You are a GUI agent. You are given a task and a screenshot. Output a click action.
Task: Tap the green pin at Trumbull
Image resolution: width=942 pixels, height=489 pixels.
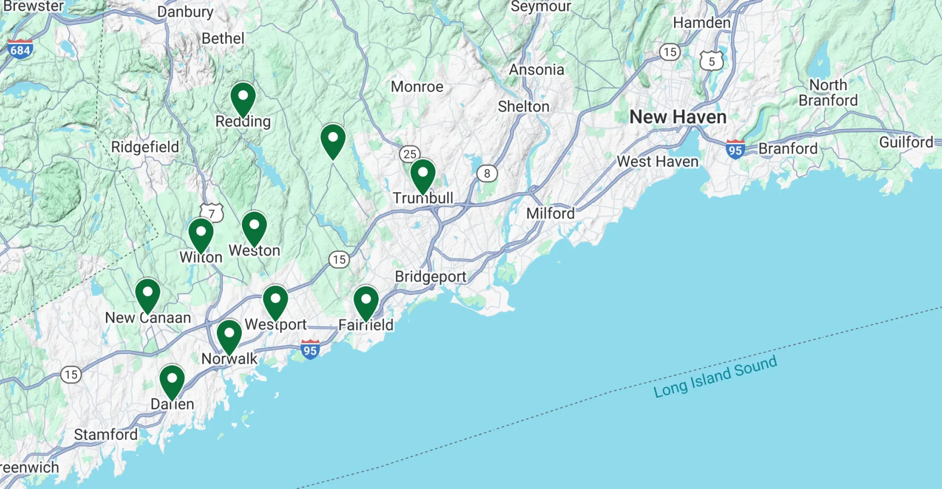pyautogui.click(x=422, y=174)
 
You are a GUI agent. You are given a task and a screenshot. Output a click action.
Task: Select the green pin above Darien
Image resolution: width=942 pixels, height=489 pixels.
pyautogui.click(x=172, y=380)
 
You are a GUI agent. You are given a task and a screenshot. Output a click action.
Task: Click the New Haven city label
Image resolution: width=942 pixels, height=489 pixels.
pyautogui.click(x=678, y=117)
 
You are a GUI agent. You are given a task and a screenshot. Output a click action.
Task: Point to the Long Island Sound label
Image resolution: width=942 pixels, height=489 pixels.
pyautogui.click(x=715, y=377)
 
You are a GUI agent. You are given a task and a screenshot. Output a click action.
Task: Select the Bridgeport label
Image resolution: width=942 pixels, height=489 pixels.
pyautogui.click(x=430, y=276)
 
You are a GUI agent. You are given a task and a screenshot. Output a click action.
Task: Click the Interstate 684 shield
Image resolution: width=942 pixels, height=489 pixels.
pyautogui.click(x=20, y=50)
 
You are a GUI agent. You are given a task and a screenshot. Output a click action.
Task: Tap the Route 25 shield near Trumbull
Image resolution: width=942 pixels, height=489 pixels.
pyautogui.click(x=410, y=154)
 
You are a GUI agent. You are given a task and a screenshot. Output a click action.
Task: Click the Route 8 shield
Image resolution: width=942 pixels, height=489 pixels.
pyautogui.click(x=487, y=173)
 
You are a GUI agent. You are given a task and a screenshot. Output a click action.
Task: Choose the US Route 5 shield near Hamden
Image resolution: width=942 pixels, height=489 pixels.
pyautogui.click(x=711, y=61)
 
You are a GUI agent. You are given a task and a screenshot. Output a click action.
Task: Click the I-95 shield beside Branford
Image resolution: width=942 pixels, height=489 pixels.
pyautogui.click(x=735, y=149)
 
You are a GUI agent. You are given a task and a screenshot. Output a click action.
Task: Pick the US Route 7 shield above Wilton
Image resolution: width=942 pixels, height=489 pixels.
pyautogui.click(x=211, y=213)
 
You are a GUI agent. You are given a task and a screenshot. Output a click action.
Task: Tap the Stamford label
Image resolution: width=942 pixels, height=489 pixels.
pyautogui.click(x=105, y=434)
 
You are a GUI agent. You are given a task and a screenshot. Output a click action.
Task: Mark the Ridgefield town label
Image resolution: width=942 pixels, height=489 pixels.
pyautogui.click(x=145, y=147)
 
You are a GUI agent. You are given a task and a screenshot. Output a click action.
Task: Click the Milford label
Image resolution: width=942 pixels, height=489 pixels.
pyautogui.click(x=550, y=214)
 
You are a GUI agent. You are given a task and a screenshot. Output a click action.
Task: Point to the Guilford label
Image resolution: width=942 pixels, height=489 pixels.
pyautogui.click(x=906, y=142)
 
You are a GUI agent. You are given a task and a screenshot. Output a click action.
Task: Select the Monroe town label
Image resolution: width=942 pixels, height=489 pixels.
pyautogui.click(x=417, y=87)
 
